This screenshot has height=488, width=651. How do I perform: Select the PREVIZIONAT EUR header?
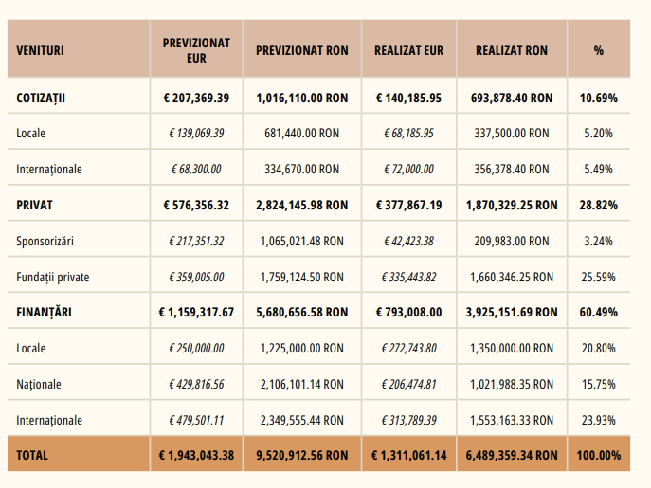(196, 50)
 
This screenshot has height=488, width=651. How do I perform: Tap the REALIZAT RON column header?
(511, 50)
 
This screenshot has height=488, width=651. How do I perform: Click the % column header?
(598, 50)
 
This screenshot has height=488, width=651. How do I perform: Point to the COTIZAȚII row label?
(46, 98)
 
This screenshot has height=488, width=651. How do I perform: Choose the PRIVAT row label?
(35, 205)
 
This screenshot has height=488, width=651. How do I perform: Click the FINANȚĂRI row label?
(45, 312)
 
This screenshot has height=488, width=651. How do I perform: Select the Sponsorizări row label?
(45, 241)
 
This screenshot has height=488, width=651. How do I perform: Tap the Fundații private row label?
(52, 277)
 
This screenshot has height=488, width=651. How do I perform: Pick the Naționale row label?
(39, 384)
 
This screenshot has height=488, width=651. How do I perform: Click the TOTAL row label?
(32, 455)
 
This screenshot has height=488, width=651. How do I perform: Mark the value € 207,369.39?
(196, 98)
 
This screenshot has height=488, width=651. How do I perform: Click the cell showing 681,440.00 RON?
(299, 134)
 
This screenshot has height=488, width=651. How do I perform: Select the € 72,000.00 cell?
(408, 170)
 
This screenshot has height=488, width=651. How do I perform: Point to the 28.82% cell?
(598, 205)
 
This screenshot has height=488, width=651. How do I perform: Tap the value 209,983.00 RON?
(510, 241)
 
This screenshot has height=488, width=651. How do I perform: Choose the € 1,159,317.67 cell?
(196, 312)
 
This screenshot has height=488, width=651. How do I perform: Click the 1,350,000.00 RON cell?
(510, 348)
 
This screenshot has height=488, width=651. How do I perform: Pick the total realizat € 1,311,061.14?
(408, 455)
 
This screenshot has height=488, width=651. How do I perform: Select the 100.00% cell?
(598, 455)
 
